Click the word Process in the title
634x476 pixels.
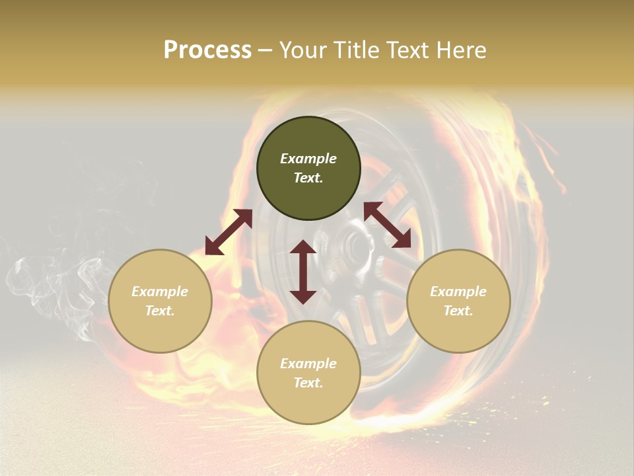(x=207, y=50)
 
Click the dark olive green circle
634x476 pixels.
(x=308, y=169)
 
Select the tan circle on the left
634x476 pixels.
(x=160, y=301)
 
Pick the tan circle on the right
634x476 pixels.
(x=458, y=301)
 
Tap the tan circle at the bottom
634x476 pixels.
(x=308, y=373)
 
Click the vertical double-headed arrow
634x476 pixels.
(x=303, y=272)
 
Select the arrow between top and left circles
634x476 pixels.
(x=229, y=232)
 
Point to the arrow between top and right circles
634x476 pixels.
(x=388, y=225)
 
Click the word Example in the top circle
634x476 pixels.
(x=308, y=159)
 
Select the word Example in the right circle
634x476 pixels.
(x=458, y=292)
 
